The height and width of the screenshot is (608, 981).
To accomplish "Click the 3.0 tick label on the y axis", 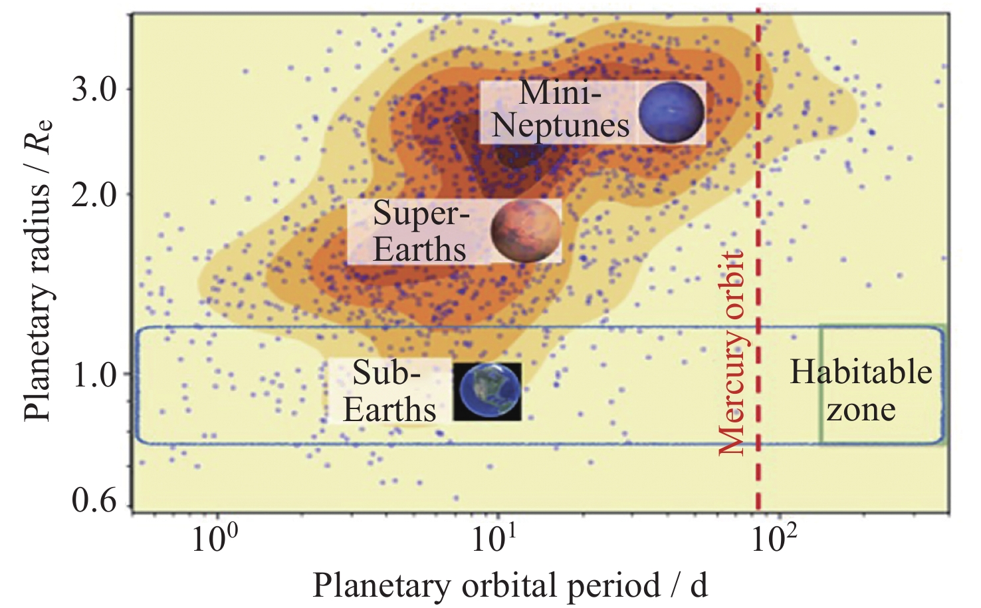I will coord(94,89).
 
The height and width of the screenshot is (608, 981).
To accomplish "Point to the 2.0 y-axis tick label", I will coord(94,195).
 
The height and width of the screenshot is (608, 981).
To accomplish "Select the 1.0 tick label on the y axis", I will coord(94,375).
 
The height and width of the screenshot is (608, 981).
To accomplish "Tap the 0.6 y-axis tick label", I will coord(94,500).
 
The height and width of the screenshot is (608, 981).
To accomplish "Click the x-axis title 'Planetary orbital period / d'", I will coord(510,585).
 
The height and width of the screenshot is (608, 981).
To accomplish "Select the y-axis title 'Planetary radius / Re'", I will coord(39,269).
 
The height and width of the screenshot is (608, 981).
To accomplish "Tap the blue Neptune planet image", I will coord(671,113).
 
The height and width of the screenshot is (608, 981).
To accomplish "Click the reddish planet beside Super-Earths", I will coord(526,231).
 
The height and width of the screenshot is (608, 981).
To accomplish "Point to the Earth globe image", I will coord(487,392).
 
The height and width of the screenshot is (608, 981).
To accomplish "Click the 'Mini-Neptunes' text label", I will coord(560,109).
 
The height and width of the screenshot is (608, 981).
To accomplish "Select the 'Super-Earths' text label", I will coord(420,231).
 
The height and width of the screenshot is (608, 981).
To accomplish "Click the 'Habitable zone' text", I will coord(861,390).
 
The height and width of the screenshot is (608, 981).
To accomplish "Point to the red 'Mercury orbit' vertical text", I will coord(732,353).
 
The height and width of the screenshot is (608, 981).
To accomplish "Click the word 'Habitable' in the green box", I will coord(861,372).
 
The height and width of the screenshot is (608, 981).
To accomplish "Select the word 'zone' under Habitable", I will coord(861,409).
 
